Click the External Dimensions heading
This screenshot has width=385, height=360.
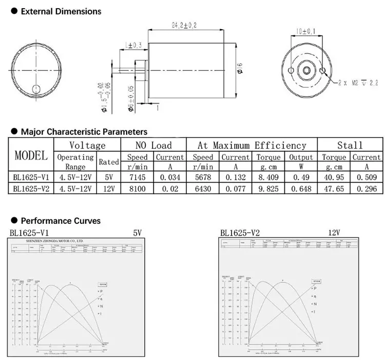[61, 11]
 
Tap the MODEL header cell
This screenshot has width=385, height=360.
[31, 155]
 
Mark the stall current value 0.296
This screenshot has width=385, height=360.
[367, 188]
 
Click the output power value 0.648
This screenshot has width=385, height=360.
[301, 188]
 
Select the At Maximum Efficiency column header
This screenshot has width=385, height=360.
[252, 145]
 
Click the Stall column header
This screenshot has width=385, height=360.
[350, 145]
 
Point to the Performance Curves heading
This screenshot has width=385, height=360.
[60, 221]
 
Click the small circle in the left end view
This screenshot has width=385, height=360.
[36, 89]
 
